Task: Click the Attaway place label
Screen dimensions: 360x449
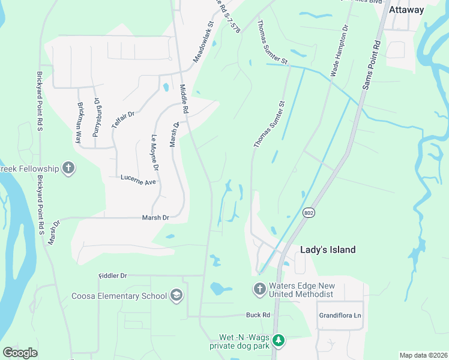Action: coord(406,10)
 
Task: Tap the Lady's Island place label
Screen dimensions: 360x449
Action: coord(328,250)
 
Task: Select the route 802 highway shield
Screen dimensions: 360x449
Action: coord(309,213)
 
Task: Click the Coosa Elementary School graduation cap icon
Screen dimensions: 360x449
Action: coord(176,295)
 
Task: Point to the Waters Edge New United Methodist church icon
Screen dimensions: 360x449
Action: coord(259,289)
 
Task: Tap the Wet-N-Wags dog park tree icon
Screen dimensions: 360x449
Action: coord(278,340)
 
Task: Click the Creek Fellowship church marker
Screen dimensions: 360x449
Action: coord(68,168)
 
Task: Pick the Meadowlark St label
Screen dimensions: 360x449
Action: coord(203,44)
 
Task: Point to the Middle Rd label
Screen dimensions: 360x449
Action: coord(184,98)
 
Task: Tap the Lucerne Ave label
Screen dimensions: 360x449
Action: coord(138,179)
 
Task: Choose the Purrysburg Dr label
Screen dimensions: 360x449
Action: coord(96,118)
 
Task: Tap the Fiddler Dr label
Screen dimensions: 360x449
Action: coord(113,276)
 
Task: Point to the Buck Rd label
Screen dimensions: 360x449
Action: coord(258,315)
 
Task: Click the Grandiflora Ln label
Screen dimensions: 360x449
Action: coord(340,315)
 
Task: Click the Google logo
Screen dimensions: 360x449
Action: coord(20,352)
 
